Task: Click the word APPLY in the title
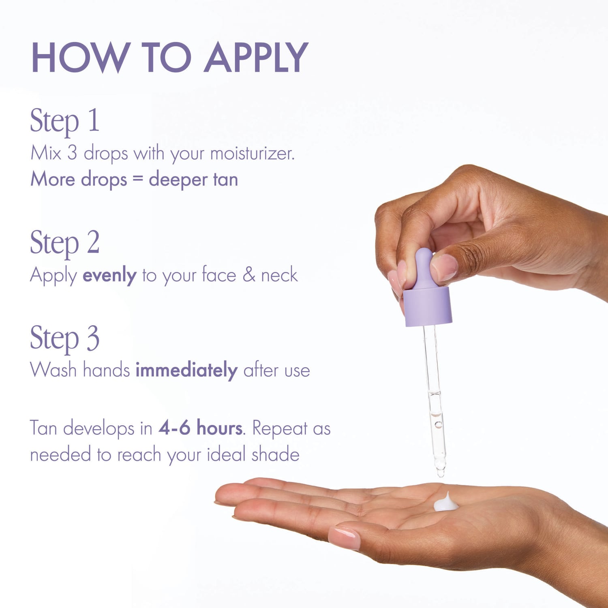[256, 57]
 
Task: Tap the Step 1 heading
[65, 121]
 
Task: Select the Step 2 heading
[65, 243]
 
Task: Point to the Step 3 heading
[65, 338]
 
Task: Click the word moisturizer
[252, 153]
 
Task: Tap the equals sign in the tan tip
[138, 180]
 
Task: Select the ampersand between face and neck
[249, 275]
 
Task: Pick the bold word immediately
[186, 370]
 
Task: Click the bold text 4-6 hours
[201, 428]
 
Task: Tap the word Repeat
[280, 429]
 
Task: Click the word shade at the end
[275, 454]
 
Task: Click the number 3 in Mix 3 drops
[72, 153]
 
